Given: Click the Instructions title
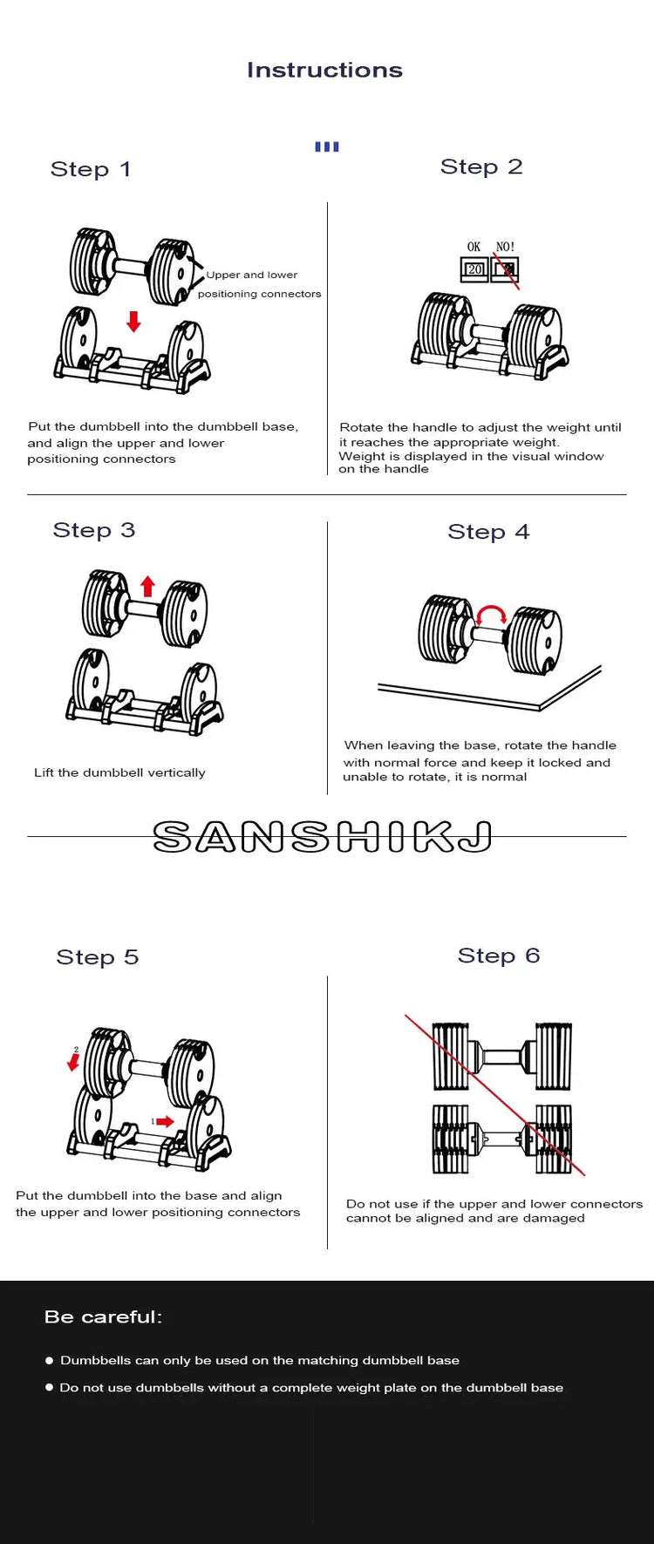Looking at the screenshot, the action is click(324, 70).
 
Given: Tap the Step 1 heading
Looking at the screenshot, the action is click(91, 169).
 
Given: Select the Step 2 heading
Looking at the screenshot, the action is click(481, 167).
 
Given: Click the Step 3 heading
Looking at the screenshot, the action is click(94, 530).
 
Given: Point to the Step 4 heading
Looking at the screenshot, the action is click(488, 532).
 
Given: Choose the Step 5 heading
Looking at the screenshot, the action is click(98, 957).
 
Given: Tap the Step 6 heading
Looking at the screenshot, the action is click(499, 956).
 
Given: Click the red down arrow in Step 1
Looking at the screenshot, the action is click(133, 321).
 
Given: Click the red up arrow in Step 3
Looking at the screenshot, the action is click(148, 586).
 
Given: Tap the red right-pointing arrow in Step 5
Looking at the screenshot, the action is click(164, 1122).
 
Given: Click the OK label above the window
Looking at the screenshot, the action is click(473, 247).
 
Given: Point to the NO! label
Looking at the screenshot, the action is click(505, 247).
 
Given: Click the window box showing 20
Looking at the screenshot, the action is click(474, 269).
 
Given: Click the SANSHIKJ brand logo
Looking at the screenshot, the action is click(323, 837).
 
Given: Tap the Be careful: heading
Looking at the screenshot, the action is click(104, 1316).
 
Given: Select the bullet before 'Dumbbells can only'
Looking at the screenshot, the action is click(49, 1360).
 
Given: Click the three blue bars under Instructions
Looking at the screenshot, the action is click(327, 146).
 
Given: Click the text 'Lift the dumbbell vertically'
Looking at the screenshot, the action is click(119, 772).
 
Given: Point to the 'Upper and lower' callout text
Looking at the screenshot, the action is click(252, 275).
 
